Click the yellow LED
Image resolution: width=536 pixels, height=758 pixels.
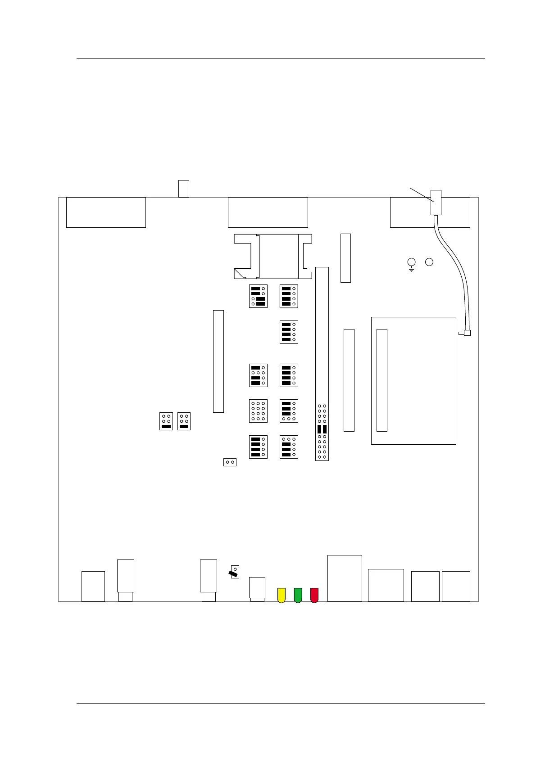[x=281, y=595]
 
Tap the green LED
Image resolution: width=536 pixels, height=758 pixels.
[x=298, y=595]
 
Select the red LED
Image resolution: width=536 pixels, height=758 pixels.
[x=314, y=595]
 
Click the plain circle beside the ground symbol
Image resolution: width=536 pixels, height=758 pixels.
[x=429, y=262]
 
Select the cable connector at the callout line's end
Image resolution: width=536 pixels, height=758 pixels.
[x=436, y=202]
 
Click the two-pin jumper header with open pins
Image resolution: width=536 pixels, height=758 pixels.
[x=230, y=462]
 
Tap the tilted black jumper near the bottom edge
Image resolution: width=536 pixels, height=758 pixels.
[x=234, y=573]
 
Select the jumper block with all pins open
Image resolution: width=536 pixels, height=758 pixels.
[x=258, y=411]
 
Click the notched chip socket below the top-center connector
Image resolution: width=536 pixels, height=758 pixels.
[x=273, y=256]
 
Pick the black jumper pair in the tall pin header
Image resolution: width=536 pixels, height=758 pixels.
[x=322, y=429]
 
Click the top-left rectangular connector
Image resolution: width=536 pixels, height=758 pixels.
[x=106, y=212]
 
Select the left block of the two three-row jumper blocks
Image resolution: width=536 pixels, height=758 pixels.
[x=166, y=421]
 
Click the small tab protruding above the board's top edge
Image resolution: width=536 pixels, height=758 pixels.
[x=183, y=189]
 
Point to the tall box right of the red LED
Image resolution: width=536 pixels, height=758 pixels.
[x=345, y=578]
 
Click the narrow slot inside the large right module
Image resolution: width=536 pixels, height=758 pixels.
[x=382, y=380]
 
